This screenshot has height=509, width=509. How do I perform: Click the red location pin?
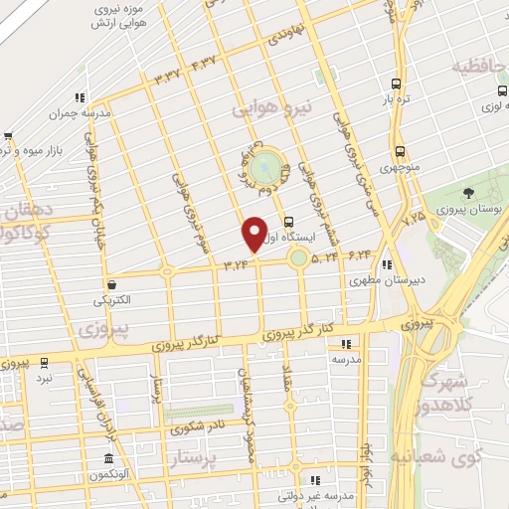coord(254,235)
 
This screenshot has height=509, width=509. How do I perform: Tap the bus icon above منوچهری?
coord(400,152)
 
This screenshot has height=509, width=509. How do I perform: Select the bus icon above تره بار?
coord(396,85)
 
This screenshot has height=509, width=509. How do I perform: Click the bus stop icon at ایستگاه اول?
coord(288,222)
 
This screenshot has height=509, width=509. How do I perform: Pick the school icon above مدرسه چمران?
coord(78,97)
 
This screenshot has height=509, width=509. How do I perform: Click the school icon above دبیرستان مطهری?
coord(387,264)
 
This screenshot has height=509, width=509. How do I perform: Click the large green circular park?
coord(264,167)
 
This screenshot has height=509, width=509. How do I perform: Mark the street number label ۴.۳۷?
coord(203,63)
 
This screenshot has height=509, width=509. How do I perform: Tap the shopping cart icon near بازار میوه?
coord(8,135)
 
